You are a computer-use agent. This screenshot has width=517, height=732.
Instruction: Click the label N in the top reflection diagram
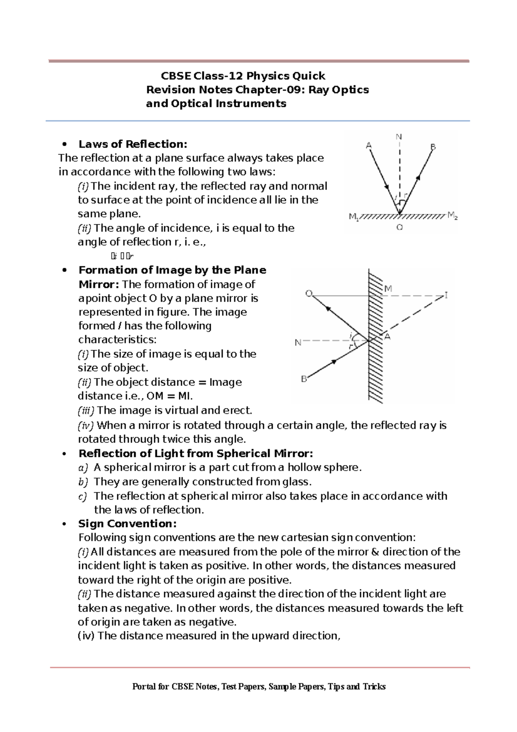[399, 137]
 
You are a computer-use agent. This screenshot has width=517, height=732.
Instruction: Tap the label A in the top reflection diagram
[369, 146]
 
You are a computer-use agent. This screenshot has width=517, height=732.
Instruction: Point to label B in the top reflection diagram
[433, 147]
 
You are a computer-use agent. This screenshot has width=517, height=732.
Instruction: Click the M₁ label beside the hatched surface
[353, 217]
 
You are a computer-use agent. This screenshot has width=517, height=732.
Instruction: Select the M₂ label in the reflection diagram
[452, 215]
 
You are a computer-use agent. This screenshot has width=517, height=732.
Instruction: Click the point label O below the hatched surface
[399, 227]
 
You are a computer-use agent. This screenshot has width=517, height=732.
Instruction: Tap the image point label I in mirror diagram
[446, 295]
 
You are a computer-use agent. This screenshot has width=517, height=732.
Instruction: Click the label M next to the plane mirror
[388, 288]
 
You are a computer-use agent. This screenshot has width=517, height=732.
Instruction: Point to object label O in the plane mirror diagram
[308, 294]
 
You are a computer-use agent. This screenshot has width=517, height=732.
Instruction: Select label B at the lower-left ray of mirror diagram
[304, 379]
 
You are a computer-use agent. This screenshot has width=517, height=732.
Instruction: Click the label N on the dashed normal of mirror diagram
[298, 343]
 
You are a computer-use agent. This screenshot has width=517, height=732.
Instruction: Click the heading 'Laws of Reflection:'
[133, 144]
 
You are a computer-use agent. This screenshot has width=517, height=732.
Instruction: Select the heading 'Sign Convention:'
[127, 523]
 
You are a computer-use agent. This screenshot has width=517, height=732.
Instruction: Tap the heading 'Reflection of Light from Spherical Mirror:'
[196, 454]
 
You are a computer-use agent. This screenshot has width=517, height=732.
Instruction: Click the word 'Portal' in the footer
[144, 686]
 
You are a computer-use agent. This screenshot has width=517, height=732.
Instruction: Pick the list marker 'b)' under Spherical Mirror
[83, 482]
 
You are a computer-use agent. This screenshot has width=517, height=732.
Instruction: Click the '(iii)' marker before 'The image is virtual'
[86, 410]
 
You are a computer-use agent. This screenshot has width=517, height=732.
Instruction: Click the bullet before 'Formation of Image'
[65, 270]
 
